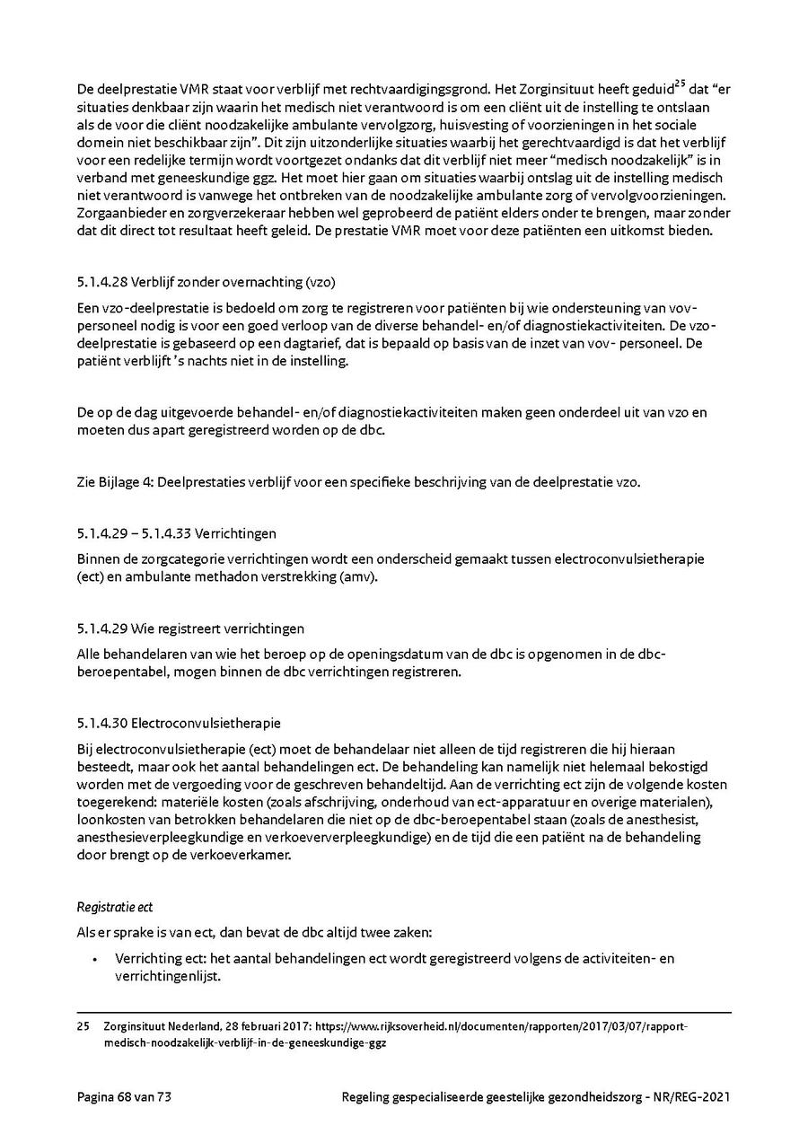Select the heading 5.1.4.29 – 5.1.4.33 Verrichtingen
[177, 533]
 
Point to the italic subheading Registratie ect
[115, 908]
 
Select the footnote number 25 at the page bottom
[83, 1026]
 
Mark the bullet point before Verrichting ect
[94, 959]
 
